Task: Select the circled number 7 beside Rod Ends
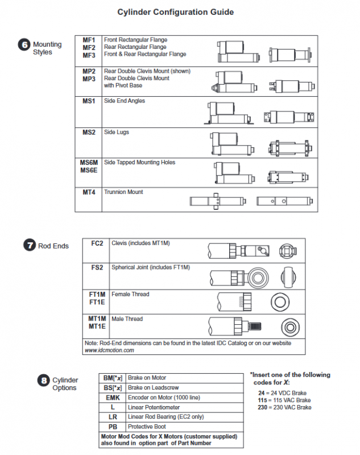(x=29, y=246)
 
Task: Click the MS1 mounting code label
(x=89, y=101)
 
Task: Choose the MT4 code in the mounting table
(x=89, y=192)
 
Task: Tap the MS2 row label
(x=89, y=132)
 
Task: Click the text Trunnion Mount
(x=123, y=192)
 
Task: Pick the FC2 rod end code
(x=97, y=243)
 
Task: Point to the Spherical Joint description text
(x=151, y=267)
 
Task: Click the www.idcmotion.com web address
(x=109, y=350)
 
